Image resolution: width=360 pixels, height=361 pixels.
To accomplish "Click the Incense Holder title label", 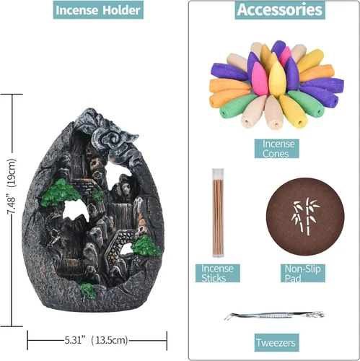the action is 98,10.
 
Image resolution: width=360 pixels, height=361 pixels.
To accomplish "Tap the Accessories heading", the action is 280,10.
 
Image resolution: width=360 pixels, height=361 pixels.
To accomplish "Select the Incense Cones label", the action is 277,149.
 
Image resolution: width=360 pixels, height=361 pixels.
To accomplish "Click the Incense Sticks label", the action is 218,273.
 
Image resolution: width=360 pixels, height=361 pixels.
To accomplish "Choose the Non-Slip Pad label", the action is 303,273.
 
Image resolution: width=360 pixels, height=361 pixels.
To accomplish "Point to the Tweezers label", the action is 277,342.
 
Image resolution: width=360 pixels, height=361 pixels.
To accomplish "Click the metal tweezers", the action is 274,315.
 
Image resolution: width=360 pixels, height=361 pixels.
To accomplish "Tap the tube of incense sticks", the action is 218,213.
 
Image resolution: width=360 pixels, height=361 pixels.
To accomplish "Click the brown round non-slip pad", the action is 305,217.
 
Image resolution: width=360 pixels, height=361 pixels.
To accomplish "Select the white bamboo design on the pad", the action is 305,216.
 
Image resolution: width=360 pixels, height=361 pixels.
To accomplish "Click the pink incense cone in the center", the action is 260,79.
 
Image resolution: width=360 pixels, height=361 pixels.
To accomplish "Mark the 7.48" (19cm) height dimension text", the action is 12,186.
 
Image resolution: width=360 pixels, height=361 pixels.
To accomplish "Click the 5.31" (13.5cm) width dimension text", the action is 96,340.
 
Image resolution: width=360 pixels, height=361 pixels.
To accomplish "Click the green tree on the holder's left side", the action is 61,193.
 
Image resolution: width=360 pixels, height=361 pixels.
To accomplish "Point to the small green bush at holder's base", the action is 88,290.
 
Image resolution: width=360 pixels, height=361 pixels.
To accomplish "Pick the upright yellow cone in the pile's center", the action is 277,79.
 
